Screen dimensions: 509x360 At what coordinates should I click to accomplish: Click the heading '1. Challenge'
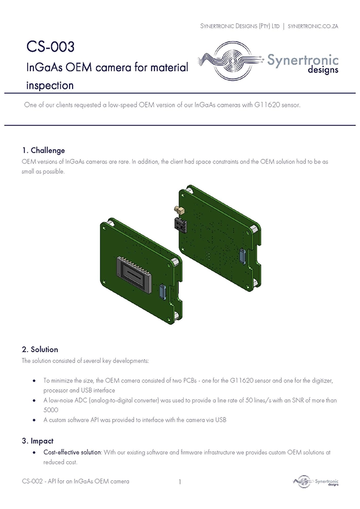click(43, 150)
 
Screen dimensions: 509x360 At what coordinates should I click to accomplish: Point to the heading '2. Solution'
click(40, 349)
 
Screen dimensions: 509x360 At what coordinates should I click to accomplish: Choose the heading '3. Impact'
click(38, 441)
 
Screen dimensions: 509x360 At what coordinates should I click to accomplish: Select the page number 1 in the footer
click(179, 482)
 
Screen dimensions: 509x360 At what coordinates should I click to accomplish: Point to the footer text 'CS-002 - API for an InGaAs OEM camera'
click(76, 481)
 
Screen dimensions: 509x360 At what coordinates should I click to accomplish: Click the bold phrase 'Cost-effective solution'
click(73, 452)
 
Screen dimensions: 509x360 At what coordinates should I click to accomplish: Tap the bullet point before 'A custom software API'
click(34, 420)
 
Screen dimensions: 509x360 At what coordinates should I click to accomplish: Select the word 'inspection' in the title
click(50, 85)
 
